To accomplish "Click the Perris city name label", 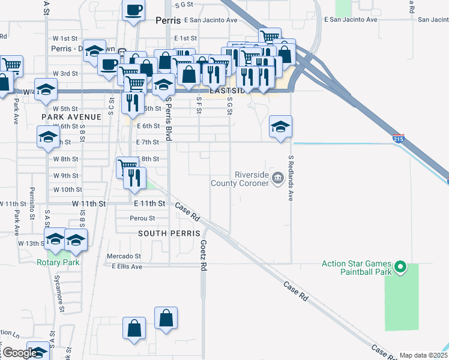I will pyautogui.click(x=167, y=20).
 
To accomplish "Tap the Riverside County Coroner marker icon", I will pyautogui.click(x=277, y=178).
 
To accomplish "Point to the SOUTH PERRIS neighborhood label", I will pyautogui.click(x=163, y=232).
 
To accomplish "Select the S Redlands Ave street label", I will pyautogui.click(x=291, y=178).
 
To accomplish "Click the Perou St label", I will pyautogui.click(x=143, y=218).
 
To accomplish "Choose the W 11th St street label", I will pyautogui.click(x=89, y=204).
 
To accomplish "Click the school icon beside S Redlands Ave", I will pyautogui.click(x=280, y=127).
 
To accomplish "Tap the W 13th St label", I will pyautogui.click(x=30, y=244).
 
